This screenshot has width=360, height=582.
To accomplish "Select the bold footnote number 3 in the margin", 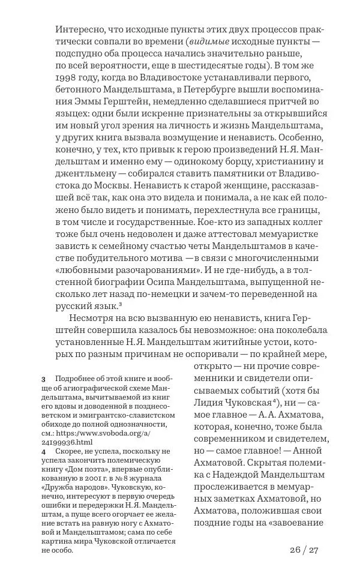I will [44, 380].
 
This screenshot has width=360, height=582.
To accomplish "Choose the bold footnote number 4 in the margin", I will [44, 451].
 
